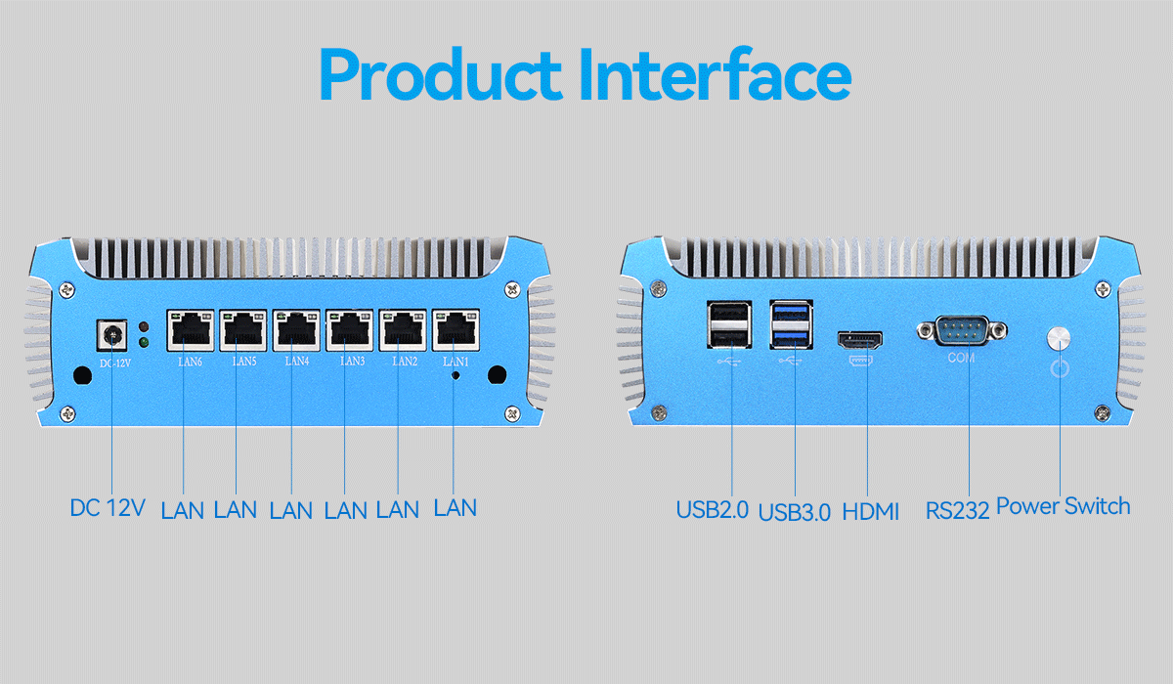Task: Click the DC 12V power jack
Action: (x=112, y=335)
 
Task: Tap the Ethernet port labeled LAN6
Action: (x=191, y=330)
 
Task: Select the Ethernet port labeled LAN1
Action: (x=456, y=330)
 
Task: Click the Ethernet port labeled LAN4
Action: (x=296, y=330)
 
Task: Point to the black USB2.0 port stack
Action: (x=729, y=324)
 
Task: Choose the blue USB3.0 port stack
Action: (x=791, y=324)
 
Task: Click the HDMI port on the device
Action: (x=860, y=341)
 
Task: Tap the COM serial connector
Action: (x=962, y=330)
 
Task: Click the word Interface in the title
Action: (x=716, y=74)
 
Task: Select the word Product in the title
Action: (x=441, y=74)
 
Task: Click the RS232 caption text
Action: (x=957, y=511)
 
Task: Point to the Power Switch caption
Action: (x=1064, y=506)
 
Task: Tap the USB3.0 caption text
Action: (x=795, y=512)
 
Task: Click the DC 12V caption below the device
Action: (x=108, y=508)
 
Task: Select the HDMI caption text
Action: (x=870, y=511)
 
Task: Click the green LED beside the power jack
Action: (x=143, y=343)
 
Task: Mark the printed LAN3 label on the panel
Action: (x=353, y=362)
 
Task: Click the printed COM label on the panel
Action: (x=962, y=358)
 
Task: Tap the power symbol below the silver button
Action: (x=1060, y=367)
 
